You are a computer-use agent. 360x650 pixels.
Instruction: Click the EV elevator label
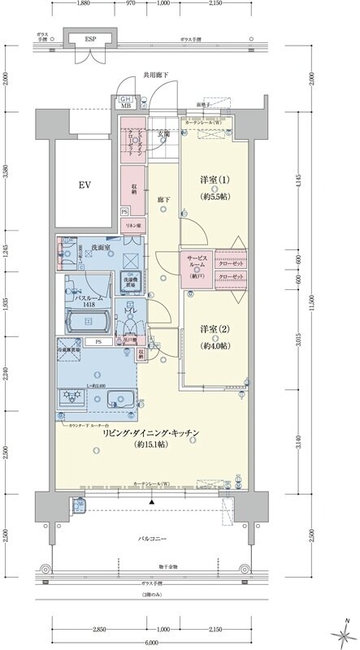pos(84,185)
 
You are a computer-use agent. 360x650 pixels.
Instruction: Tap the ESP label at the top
pos(90,38)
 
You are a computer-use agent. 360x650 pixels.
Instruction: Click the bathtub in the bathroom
pos(85,322)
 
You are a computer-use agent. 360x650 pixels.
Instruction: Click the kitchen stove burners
pos(71,397)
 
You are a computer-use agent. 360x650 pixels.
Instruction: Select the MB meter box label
pos(127,106)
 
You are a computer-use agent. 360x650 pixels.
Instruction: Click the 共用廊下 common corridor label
pos(154,75)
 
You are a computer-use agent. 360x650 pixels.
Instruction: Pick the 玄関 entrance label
pos(163,133)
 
